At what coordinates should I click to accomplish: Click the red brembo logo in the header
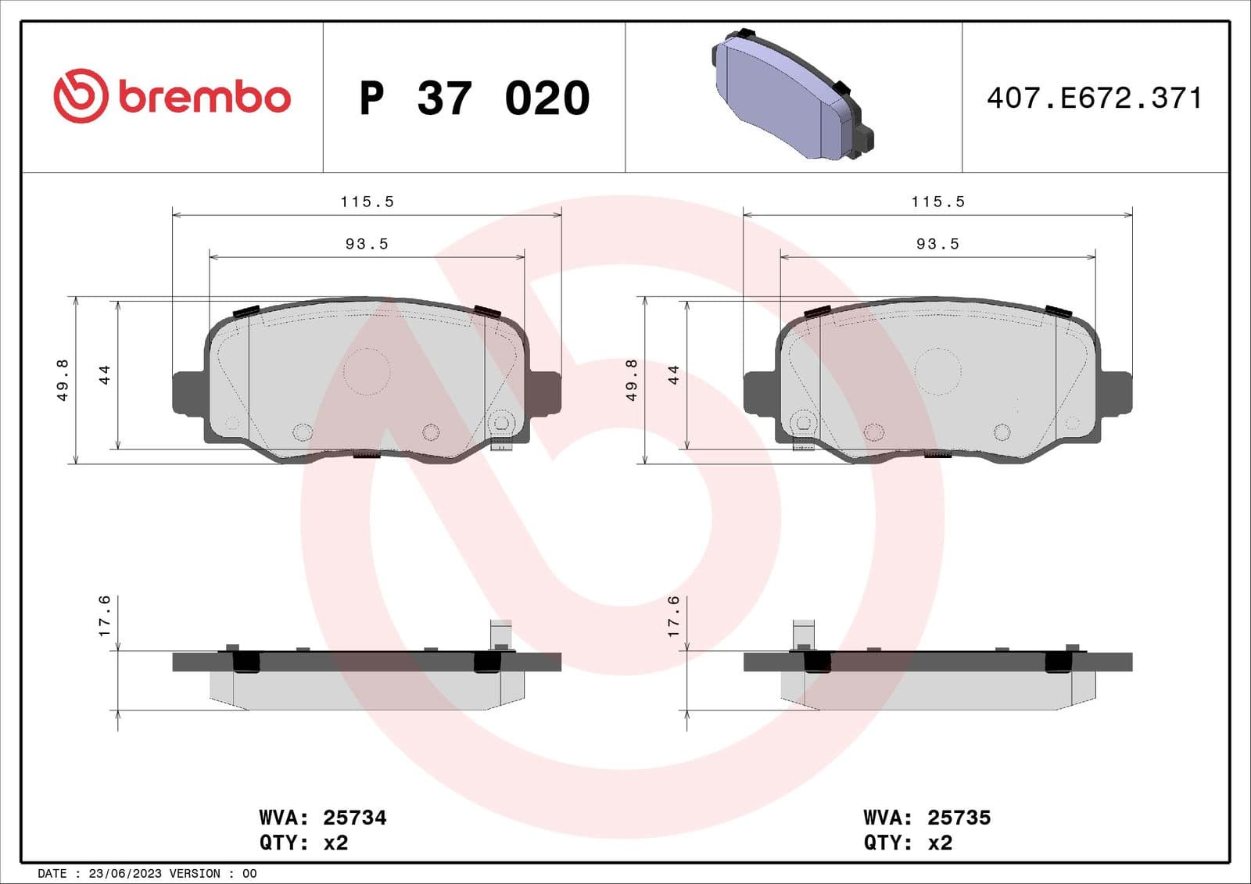[172, 96]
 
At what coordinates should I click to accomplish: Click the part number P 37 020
[474, 98]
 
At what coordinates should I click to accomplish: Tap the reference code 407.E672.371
[1094, 98]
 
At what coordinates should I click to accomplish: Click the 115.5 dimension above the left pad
[367, 202]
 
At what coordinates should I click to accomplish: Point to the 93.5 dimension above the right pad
[937, 244]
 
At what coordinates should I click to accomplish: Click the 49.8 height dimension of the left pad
[63, 380]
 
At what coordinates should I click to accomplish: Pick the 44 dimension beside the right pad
[673, 374]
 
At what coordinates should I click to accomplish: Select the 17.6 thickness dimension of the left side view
[104, 616]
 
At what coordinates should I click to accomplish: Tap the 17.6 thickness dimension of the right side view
[673, 616]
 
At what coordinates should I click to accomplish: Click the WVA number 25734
[354, 818]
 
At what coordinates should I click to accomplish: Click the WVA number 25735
[959, 818]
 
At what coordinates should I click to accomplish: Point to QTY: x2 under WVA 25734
[303, 843]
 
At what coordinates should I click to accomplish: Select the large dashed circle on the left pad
[367, 370]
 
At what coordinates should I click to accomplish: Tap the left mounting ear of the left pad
[187, 392]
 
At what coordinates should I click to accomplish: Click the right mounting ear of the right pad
[1117, 392]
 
